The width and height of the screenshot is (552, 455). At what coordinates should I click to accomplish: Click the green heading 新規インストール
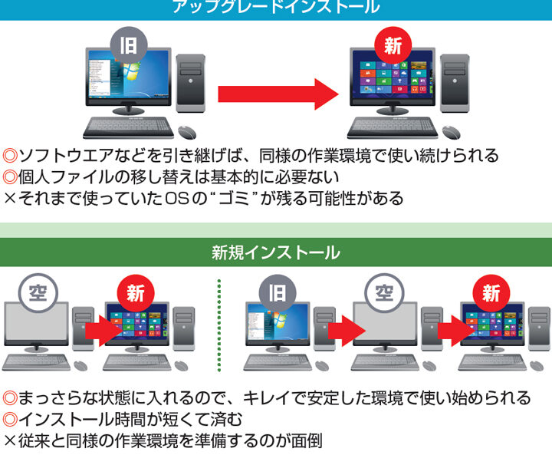click(x=276, y=252)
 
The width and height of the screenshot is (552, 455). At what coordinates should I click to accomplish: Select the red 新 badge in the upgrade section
click(x=392, y=45)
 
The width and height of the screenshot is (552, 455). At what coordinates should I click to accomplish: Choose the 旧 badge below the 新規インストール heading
click(x=276, y=294)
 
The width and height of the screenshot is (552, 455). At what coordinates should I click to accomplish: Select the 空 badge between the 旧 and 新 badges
click(x=381, y=294)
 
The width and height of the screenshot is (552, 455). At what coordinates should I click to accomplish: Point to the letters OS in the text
click(x=189, y=199)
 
